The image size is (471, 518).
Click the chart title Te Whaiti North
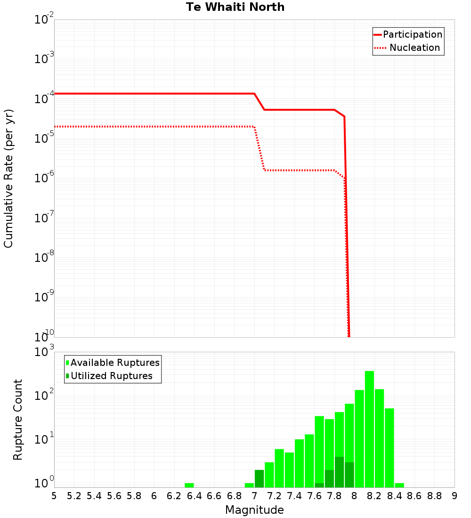[235, 7]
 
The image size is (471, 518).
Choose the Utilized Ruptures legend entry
[111, 376]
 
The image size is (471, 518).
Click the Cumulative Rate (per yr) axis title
[8, 178]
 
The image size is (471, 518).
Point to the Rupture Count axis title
[18, 420]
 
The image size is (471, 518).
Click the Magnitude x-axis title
[254, 510]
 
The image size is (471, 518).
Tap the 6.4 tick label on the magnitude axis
[194, 496]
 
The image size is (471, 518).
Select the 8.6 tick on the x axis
[414, 496]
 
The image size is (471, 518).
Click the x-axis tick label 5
[54, 496]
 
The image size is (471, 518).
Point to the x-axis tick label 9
[455, 496]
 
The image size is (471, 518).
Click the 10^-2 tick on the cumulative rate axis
[44, 20]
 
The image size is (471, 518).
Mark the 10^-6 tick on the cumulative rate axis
[44, 178]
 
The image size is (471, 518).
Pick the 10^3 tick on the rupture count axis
[44, 352]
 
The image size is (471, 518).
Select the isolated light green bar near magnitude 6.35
[189, 485]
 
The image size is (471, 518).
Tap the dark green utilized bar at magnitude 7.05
[259, 478]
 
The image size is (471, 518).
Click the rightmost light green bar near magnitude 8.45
[399, 485]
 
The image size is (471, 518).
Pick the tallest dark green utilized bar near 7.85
[339, 472]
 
